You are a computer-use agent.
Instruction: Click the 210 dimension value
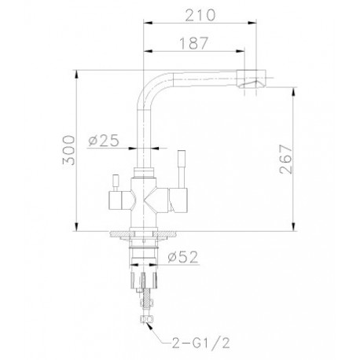coord(200,15)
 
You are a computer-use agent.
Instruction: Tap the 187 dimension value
coord(193,43)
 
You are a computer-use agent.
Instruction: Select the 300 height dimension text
coord(68,150)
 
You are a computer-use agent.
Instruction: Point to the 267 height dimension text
coord(285,159)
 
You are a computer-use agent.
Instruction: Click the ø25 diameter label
coord(104,141)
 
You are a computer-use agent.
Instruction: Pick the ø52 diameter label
coord(183,257)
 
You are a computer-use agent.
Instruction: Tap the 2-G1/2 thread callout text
coord(201,343)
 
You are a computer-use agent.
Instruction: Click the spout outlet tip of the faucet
coord(252,79)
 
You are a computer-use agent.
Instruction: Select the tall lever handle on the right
coord(182,169)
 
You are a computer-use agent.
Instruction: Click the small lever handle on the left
coord(116,182)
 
